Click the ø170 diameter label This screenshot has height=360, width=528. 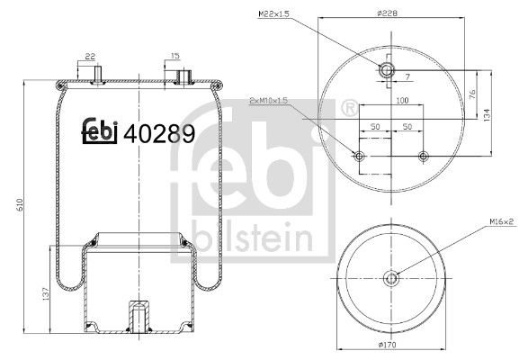[390, 346]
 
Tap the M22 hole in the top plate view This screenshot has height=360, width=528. [386, 69]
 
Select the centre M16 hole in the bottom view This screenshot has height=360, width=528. [391, 276]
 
